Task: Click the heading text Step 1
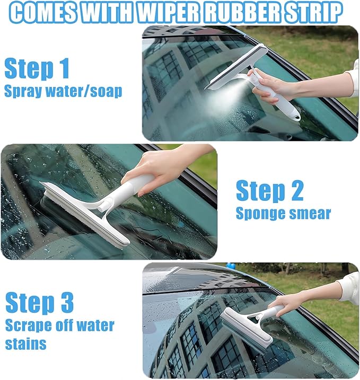[x=37, y=68]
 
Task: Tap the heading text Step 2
[x=269, y=191]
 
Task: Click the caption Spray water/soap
[x=63, y=91]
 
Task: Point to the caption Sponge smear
[x=283, y=213]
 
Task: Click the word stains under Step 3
[x=25, y=344]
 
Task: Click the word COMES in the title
[x=43, y=13]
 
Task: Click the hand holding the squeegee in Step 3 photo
[x=289, y=303]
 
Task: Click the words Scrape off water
[x=59, y=324]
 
